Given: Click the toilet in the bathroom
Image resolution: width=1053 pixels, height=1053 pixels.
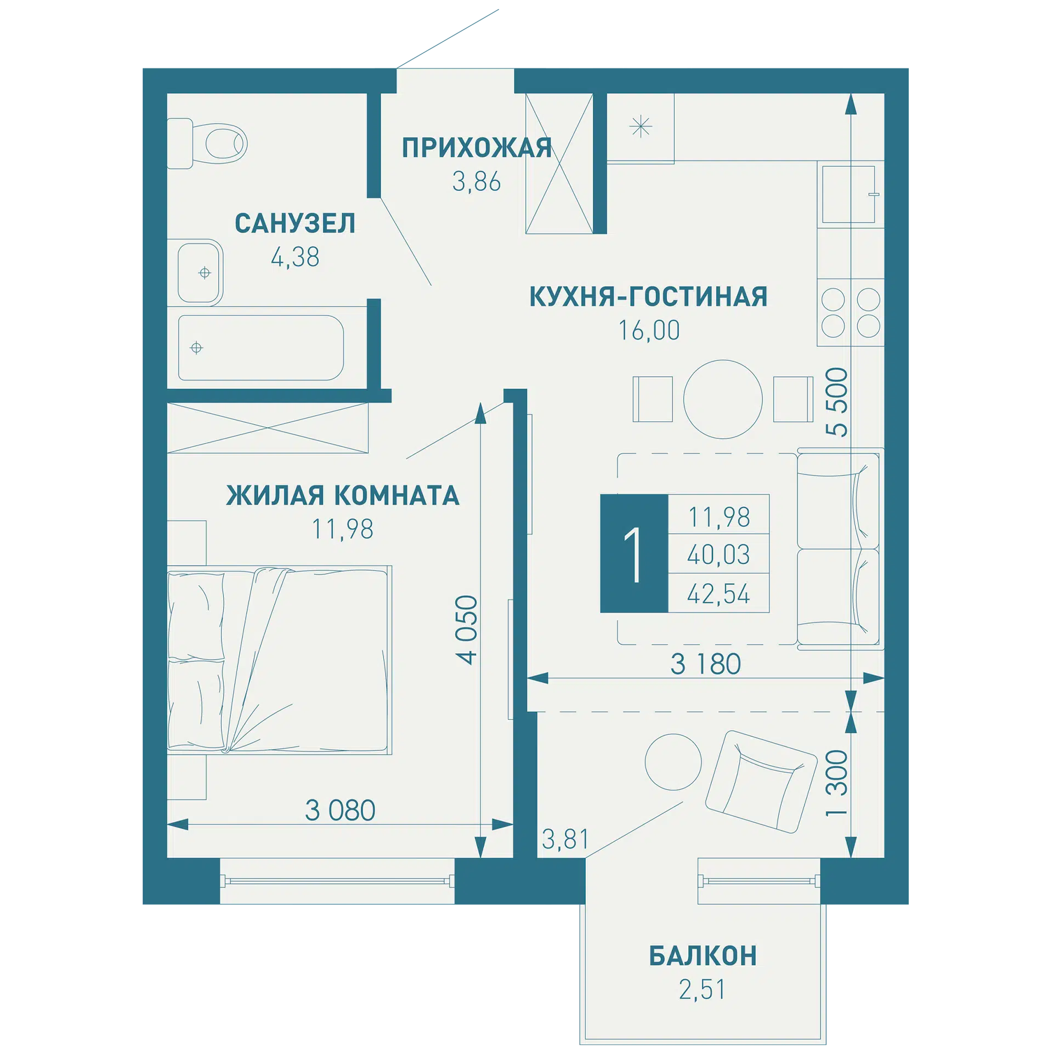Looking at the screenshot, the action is click(x=207, y=143).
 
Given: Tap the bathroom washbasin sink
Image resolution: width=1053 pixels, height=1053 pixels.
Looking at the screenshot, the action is click(x=200, y=273).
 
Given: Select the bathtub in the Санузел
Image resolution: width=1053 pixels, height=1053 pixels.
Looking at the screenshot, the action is click(x=261, y=348).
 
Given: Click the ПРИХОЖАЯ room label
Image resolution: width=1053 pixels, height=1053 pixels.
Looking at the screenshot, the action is click(x=477, y=148).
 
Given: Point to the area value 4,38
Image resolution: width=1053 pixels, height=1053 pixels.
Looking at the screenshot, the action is click(x=295, y=257).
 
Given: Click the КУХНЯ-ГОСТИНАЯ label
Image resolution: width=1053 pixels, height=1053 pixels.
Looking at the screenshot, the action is click(x=648, y=297).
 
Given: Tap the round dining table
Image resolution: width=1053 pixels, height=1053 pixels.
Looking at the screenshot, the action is click(x=723, y=399).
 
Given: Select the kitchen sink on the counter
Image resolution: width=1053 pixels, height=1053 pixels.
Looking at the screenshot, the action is click(x=848, y=195).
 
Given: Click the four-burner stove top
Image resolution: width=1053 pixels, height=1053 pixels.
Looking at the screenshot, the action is click(x=851, y=313).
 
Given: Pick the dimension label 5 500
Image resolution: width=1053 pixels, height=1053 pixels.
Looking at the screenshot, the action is click(x=837, y=402).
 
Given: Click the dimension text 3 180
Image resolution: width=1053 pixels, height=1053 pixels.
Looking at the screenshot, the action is click(x=706, y=664).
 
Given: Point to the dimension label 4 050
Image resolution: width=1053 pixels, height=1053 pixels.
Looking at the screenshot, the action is click(x=467, y=630).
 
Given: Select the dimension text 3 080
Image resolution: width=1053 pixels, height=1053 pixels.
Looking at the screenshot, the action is click(x=340, y=811).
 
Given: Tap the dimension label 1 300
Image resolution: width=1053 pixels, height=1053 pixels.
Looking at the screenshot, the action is click(x=837, y=783).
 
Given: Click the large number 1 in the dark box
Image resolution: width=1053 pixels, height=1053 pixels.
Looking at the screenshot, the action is click(x=633, y=554).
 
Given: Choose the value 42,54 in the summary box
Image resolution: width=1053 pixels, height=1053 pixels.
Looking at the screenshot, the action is click(x=718, y=594).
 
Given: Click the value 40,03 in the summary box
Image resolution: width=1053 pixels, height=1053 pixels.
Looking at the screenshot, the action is click(x=718, y=555).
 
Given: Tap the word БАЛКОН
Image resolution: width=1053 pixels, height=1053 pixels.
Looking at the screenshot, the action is click(x=703, y=956).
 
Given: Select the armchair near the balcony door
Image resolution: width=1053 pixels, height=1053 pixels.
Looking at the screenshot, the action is click(x=761, y=782).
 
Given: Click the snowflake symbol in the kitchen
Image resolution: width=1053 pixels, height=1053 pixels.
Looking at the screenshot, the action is click(x=641, y=127).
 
